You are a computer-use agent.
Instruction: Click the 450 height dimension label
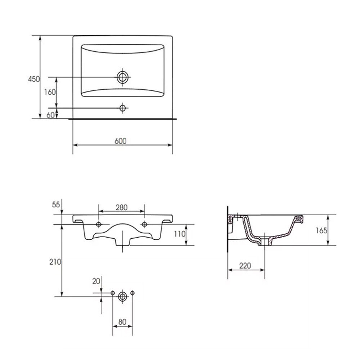34,79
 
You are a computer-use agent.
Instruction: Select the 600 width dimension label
121,141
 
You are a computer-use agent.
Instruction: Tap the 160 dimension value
50,92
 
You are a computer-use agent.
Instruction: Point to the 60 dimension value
50,115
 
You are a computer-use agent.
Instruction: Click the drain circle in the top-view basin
123,77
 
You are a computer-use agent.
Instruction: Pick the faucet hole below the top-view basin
123,108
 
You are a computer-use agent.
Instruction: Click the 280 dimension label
121,208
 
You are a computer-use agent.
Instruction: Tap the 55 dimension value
56,204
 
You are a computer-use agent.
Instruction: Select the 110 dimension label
180,234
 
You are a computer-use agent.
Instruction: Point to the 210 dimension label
55,262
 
